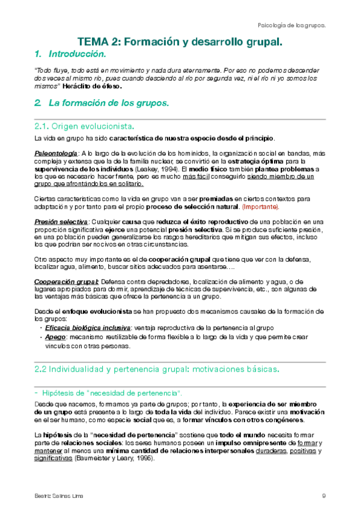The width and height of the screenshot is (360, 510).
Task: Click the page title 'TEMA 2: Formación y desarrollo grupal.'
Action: pos(180,42)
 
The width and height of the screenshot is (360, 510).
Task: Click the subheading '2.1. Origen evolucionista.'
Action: pos(85,127)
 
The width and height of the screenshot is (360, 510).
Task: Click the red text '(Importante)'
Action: pos(260,206)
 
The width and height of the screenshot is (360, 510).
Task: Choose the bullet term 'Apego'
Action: pos(55,337)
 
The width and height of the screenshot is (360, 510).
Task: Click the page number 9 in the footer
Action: pos(324,496)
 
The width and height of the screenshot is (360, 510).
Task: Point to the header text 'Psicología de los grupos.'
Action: pos(291,26)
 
